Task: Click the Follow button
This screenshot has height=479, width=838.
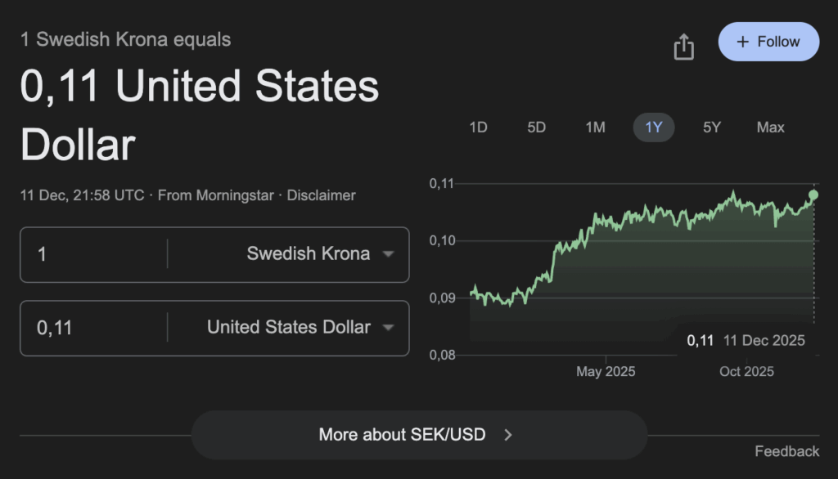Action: (x=768, y=42)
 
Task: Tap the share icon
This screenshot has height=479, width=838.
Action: (x=683, y=47)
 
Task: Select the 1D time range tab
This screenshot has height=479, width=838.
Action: (x=478, y=128)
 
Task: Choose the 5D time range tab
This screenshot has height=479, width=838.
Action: (x=536, y=128)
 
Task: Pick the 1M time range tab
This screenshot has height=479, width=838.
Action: (x=595, y=128)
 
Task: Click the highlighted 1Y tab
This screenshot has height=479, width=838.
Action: (x=654, y=128)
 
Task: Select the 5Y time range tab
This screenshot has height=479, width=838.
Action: (x=712, y=128)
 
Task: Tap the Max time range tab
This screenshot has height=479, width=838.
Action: (x=770, y=128)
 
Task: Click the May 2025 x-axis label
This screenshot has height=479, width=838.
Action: (x=606, y=372)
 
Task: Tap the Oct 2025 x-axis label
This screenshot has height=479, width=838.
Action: (x=746, y=372)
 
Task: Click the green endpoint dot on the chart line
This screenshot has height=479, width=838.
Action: (x=813, y=195)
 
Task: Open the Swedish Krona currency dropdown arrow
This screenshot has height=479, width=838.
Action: (x=389, y=254)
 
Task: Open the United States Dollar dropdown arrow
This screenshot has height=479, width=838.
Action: (x=389, y=328)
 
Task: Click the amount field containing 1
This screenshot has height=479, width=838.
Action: (x=90, y=254)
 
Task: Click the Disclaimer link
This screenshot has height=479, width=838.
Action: (x=321, y=195)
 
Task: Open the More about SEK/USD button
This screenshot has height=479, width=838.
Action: (x=419, y=435)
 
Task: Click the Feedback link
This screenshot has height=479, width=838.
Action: (x=786, y=451)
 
